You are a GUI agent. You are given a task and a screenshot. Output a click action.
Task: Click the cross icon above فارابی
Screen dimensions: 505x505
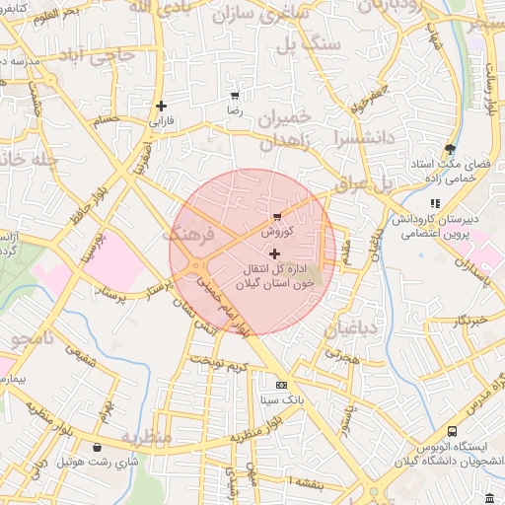tap(161, 105)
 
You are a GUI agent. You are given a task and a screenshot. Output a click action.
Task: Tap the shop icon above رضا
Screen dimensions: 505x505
tap(235, 96)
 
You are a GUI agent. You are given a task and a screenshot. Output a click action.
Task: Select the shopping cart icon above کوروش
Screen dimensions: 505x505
tap(275, 216)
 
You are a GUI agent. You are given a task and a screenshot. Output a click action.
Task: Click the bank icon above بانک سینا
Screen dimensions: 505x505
tap(282, 385)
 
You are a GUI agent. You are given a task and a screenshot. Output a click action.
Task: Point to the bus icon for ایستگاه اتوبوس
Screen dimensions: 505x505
tap(452, 432)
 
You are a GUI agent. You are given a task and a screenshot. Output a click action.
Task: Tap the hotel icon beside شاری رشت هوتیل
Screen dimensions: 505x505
tap(97, 447)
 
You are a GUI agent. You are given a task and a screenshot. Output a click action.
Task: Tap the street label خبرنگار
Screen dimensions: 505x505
tap(465, 321)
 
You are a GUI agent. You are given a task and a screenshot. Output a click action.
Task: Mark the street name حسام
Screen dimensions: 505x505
tap(106, 120)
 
